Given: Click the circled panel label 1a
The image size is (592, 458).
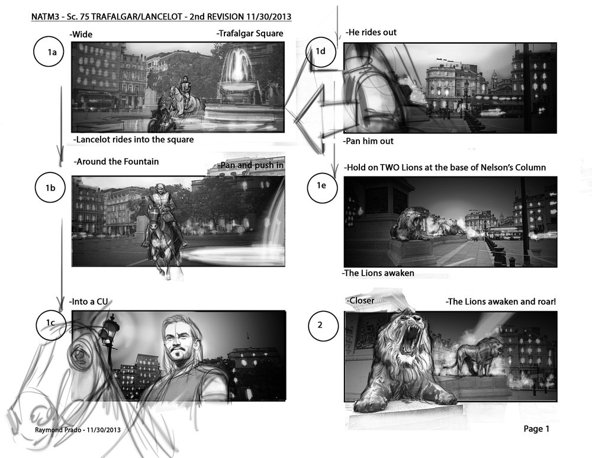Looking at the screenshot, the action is pyautogui.click(x=49, y=52).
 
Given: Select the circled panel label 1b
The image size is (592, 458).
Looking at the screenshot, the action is pyautogui.click(x=50, y=187).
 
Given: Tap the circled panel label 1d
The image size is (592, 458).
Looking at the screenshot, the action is pyautogui.click(x=321, y=52).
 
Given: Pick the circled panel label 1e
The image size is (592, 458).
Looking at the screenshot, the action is pyautogui.click(x=322, y=185).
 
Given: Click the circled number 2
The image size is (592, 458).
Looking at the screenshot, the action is pyautogui.click(x=323, y=325).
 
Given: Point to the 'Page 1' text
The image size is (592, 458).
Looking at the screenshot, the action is pyautogui.click(x=536, y=428).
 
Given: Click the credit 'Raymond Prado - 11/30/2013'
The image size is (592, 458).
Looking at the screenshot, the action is pyautogui.click(x=78, y=430).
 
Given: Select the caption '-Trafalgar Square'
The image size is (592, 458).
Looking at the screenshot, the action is pyautogui.click(x=250, y=33).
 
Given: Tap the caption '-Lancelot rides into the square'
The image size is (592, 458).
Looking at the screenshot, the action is pyautogui.click(x=133, y=139).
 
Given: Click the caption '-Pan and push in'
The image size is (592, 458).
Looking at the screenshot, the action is pyautogui.click(x=250, y=165).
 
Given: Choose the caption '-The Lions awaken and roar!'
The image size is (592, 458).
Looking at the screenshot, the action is pyautogui.click(x=501, y=302).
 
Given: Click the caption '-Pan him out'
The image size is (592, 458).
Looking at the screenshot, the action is pyautogui.click(x=368, y=141).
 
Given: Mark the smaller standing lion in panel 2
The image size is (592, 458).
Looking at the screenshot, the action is pyautogui.click(x=478, y=357).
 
